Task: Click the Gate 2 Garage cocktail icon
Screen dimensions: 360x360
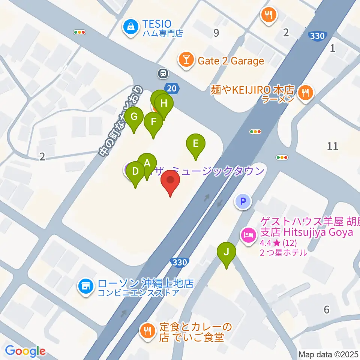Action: pos(186,60)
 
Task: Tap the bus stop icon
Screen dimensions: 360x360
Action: pos(163,73)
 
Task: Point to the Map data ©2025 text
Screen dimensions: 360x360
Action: pos(328,354)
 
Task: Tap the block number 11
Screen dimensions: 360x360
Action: pos(332,146)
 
